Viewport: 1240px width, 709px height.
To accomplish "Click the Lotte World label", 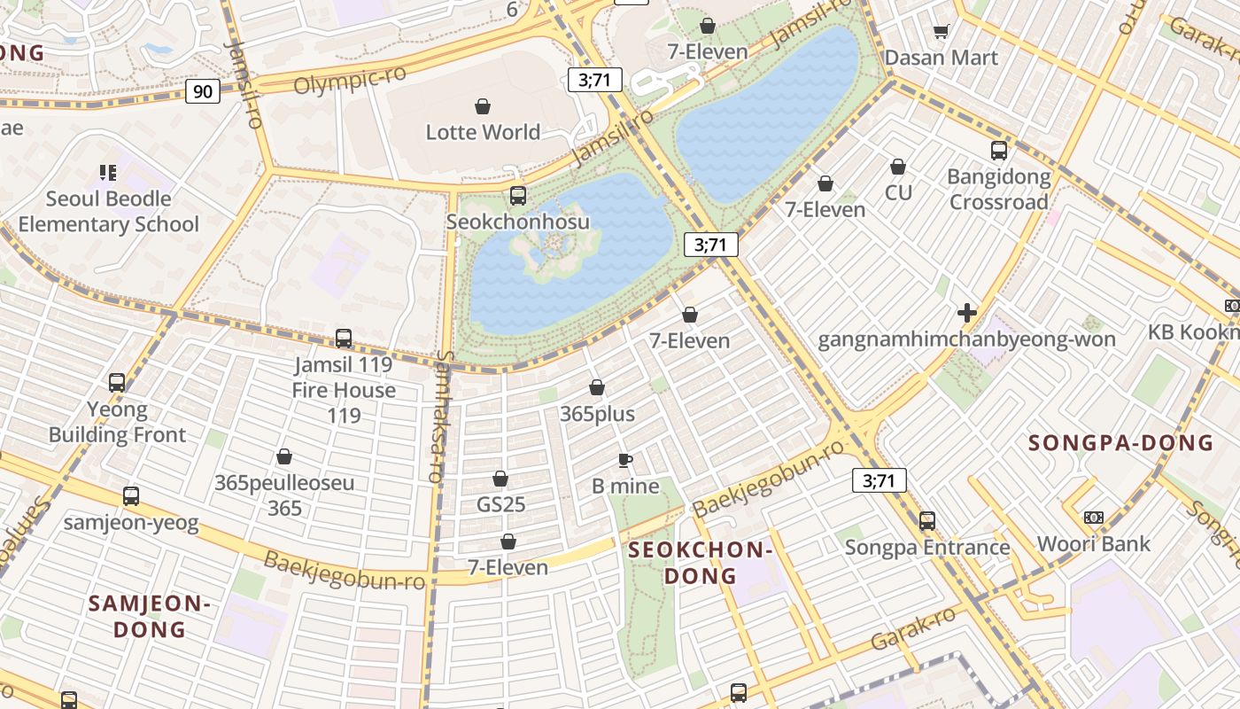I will [x=483, y=132].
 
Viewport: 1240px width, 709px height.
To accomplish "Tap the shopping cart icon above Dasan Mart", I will [x=941, y=32].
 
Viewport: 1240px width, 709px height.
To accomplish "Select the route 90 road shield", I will [x=203, y=91].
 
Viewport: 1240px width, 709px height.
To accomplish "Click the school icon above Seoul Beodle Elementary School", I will [x=108, y=173].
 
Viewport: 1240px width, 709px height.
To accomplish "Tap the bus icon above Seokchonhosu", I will [x=518, y=196].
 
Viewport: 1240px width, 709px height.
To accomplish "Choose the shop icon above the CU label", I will [x=898, y=167].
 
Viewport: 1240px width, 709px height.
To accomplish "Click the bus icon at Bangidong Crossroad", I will [x=999, y=151].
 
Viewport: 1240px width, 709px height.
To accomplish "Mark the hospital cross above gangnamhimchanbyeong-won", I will [x=967, y=313].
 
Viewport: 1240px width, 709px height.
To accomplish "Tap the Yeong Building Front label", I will [x=117, y=422].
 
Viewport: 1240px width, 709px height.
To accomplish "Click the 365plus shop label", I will [x=597, y=414].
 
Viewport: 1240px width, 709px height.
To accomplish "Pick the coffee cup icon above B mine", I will [x=625, y=460].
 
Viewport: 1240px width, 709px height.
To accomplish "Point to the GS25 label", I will [x=501, y=504].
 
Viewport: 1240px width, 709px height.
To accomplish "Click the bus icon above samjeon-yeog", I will [x=131, y=496].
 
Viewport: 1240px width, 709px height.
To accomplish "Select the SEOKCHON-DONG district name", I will [x=701, y=563].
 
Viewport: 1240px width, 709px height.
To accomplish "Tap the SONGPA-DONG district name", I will [x=1120, y=442].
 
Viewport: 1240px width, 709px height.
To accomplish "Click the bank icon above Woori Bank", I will [x=1094, y=518].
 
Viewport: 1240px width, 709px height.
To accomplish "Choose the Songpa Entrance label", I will [x=926, y=547].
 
